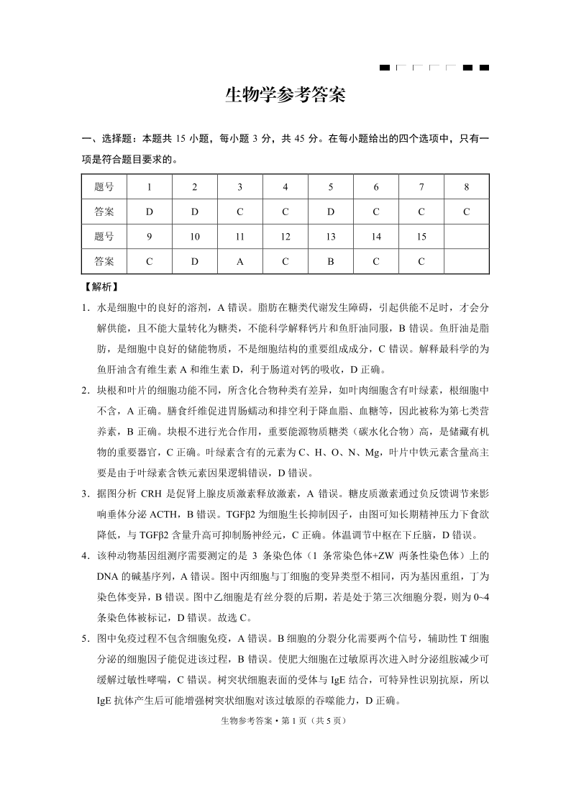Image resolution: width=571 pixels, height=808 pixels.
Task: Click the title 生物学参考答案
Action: pos(285,96)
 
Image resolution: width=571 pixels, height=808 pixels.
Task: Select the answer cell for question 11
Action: pos(239,261)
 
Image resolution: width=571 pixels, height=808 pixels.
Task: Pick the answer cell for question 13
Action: pos(331,261)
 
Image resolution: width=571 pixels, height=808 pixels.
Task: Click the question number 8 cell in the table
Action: pos(466,187)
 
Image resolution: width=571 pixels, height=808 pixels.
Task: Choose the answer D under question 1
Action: pos(149,212)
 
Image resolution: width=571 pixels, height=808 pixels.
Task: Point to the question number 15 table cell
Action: pos(421,237)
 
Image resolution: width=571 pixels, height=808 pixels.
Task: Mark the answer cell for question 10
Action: pos(194,261)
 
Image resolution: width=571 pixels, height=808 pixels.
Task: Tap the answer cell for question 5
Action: pos(331,212)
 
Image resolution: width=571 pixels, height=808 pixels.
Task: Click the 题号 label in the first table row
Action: pos(104,187)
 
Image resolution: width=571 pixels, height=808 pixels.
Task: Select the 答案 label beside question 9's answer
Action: pos(104,261)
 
